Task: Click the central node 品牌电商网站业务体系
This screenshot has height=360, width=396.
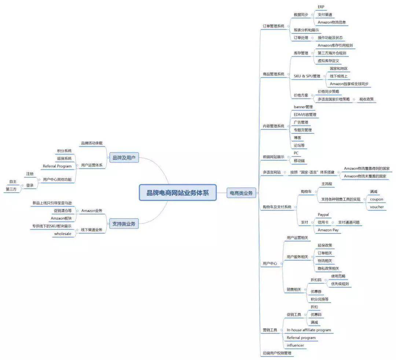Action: pyautogui.click(x=178, y=193)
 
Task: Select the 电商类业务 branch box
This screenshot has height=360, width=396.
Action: pyautogui.click(x=241, y=193)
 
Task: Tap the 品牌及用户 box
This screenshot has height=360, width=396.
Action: pyautogui.click(x=124, y=158)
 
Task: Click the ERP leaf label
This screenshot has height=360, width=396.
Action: pyautogui.click(x=321, y=7)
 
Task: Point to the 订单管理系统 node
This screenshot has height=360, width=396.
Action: pyautogui.click(x=274, y=26)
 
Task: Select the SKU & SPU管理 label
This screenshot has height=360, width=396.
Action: pyautogui.click(x=307, y=76)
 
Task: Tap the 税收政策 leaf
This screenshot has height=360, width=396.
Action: pyautogui.click(x=367, y=99)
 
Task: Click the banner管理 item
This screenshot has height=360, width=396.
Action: pyautogui.click(x=303, y=107)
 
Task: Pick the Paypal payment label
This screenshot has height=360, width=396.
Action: pyautogui.click(x=323, y=215)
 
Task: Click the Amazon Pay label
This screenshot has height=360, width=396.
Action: pyautogui.click(x=328, y=230)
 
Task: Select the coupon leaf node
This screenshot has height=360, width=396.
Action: pyautogui.click(x=377, y=200)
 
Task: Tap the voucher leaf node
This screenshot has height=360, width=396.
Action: pyautogui.click(x=377, y=207)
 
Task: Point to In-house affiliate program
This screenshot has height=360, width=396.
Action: pyautogui.click(x=308, y=330)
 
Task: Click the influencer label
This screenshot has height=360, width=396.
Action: pyautogui.click(x=295, y=345)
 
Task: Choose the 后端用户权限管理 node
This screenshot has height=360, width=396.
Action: pyautogui.click(x=277, y=353)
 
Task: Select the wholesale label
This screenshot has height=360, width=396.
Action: pyautogui.click(x=63, y=234)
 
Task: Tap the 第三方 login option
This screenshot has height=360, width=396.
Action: pyautogui.click(x=11, y=189)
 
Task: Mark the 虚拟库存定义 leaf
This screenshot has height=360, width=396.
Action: pyautogui.click(x=328, y=61)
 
